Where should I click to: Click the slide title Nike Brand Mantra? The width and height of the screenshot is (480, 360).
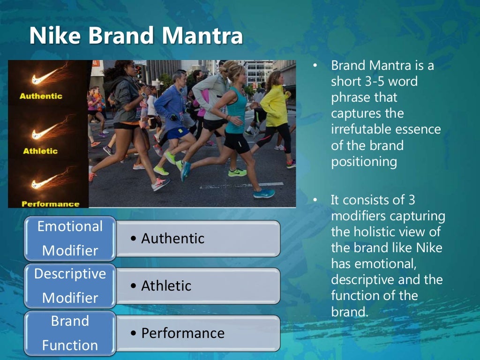136,37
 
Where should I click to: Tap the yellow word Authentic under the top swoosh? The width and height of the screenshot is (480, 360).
41,96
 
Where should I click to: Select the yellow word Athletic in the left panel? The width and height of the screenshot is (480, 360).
40,151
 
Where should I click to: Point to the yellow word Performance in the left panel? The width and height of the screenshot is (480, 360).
50,204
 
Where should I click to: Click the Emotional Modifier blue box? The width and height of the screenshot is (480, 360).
70,238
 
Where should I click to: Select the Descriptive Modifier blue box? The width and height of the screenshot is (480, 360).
70,285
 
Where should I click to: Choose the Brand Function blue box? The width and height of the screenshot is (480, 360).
70,333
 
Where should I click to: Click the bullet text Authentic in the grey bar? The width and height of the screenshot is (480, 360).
172,239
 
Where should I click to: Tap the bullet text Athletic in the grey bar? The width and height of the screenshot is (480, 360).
166,286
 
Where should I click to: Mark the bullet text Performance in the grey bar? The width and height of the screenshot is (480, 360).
182,333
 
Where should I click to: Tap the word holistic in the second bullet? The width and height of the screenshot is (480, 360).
373,232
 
